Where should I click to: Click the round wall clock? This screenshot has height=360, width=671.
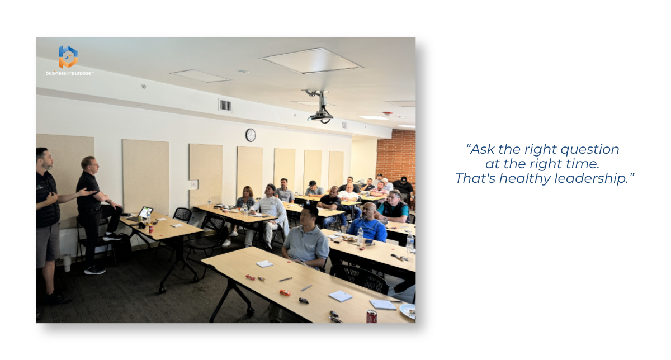coord(251,135)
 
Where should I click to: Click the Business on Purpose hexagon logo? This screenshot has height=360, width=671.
coord(68,56)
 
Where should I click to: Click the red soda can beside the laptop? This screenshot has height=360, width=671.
coord(151,229)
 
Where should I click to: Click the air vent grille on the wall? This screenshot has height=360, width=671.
coord(225,105)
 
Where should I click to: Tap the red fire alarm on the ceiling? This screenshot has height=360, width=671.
coord(388,114)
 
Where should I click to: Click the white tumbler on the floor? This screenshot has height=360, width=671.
coord(67,262)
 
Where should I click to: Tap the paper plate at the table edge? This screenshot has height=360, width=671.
coord(408,311)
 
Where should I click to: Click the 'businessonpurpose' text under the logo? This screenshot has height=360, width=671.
coord(69,73)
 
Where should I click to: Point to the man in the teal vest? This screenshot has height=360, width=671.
coord(393,207)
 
